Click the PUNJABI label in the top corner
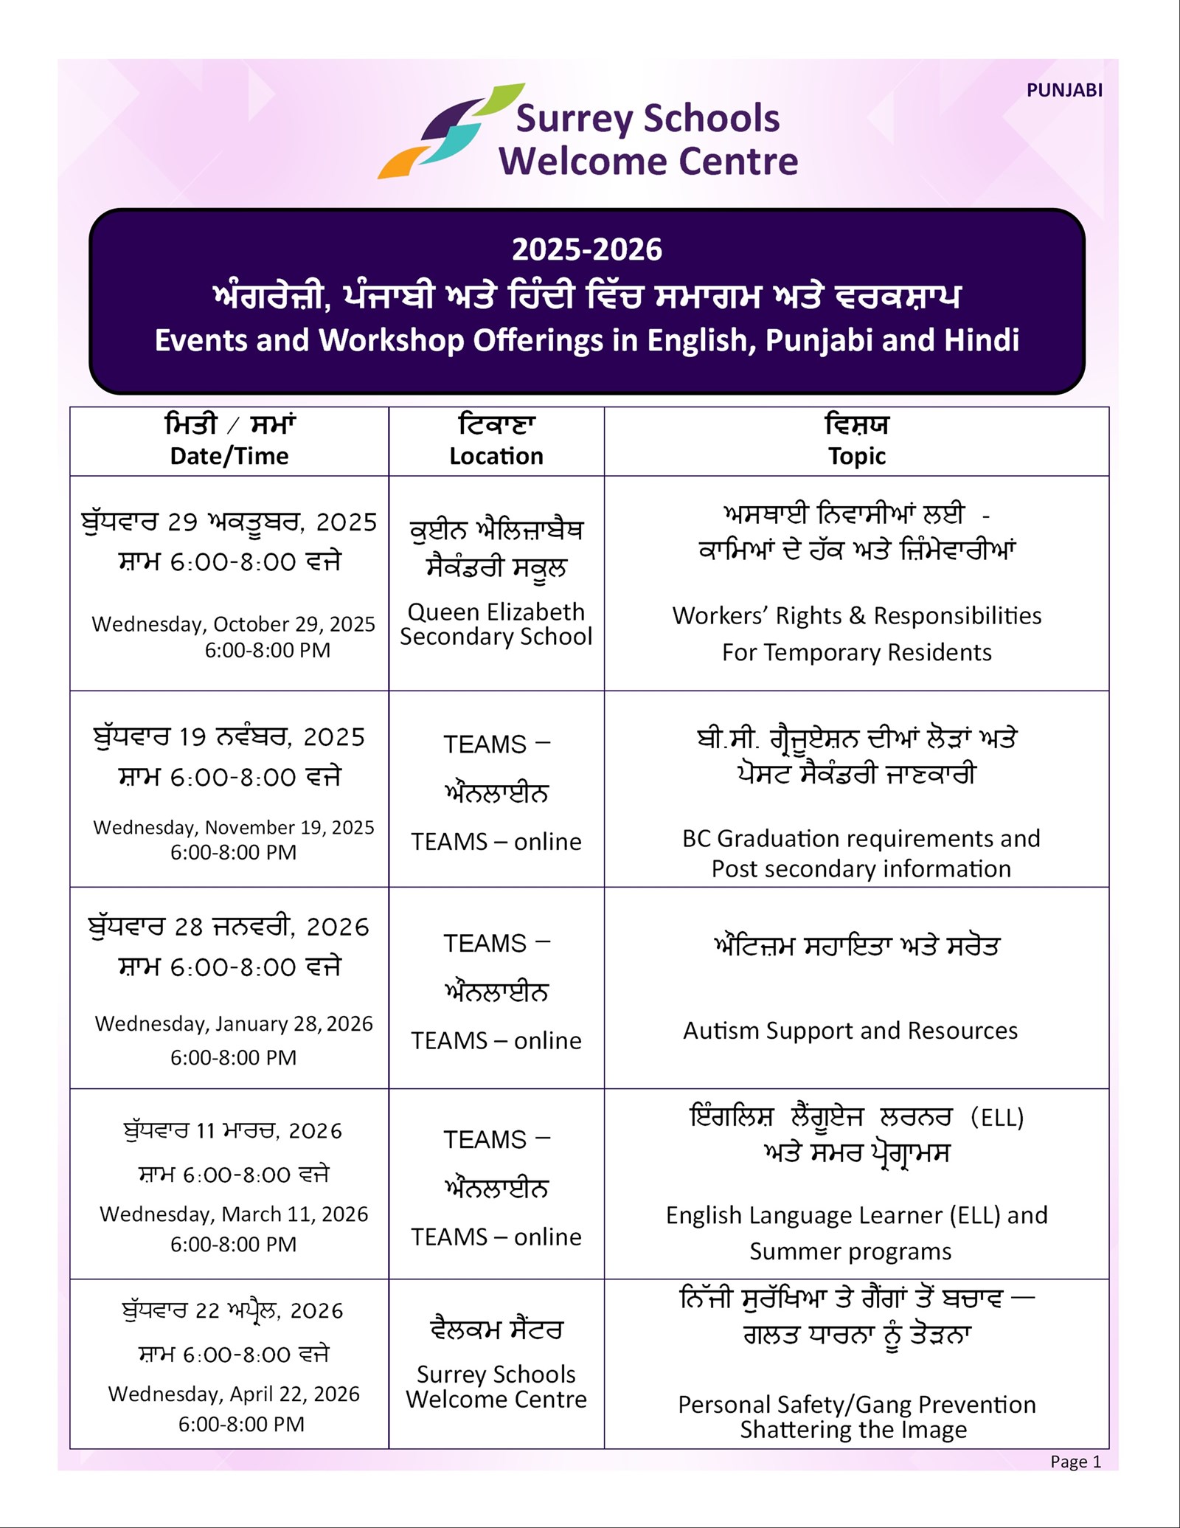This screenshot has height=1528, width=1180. (x=1064, y=91)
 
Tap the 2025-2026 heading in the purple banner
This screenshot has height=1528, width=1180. (x=587, y=250)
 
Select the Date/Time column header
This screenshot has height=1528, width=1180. (x=229, y=456)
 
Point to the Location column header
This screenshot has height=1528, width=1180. (x=496, y=456)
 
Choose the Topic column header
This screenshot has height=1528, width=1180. (x=856, y=456)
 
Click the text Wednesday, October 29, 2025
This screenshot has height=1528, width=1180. (x=233, y=624)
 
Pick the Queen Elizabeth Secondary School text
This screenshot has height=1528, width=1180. (x=496, y=624)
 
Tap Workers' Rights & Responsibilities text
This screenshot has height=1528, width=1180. (x=856, y=615)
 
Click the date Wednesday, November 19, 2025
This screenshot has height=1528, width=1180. (x=233, y=827)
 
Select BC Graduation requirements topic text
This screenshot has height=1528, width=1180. (x=861, y=839)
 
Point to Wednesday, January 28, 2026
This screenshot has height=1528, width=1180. (x=234, y=1024)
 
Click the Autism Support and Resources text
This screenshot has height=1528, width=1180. (x=850, y=1031)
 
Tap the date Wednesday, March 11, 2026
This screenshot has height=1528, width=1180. (x=234, y=1214)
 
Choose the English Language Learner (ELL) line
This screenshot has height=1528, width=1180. (x=856, y=1215)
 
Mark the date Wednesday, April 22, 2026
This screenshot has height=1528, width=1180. (x=234, y=1394)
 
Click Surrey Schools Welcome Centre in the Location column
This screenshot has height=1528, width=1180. (x=496, y=1387)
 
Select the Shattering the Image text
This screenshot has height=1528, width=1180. (x=853, y=1430)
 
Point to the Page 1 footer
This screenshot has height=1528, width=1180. (x=1075, y=1462)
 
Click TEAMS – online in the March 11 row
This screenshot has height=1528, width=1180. (x=496, y=1237)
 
